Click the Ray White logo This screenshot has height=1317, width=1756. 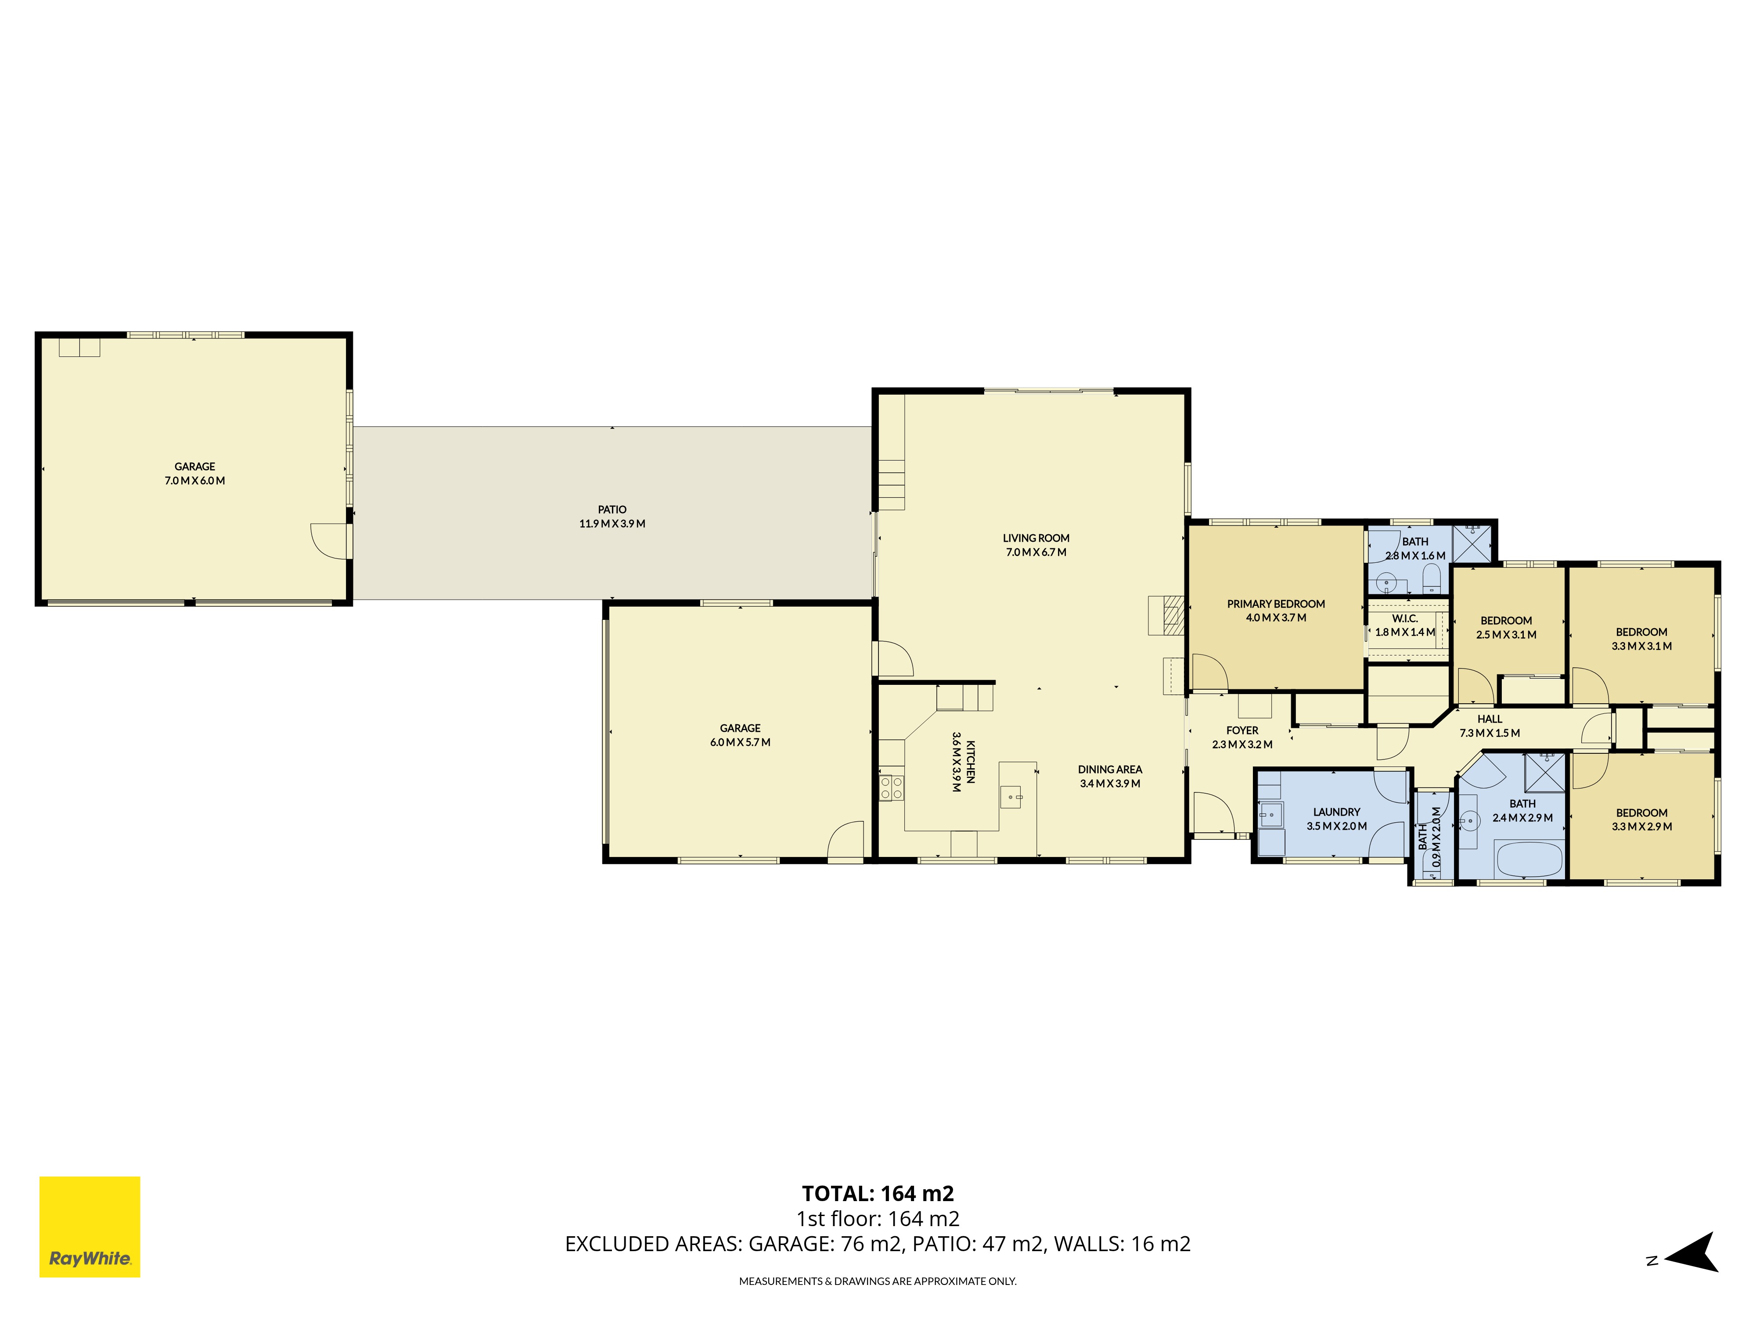90,1227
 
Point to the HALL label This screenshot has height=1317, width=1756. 1490,719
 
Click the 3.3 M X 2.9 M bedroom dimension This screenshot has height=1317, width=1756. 1642,826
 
